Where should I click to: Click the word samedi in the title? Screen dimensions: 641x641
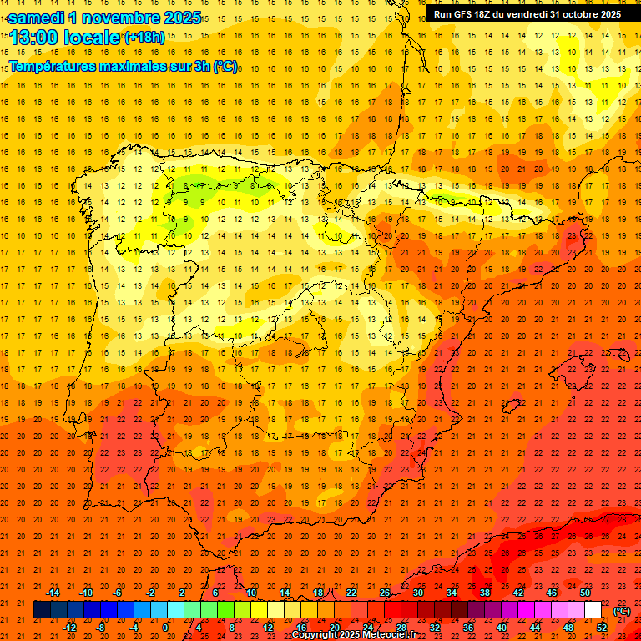click(x=38, y=18)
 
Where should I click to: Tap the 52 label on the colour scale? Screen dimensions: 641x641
click(x=602, y=628)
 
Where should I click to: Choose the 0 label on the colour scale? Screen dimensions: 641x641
click(x=165, y=628)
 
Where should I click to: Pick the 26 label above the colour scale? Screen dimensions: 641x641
click(x=385, y=593)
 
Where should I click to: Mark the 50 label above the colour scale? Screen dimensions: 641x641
click(x=585, y=593)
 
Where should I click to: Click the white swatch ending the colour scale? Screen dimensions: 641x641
click(x=593, y=610)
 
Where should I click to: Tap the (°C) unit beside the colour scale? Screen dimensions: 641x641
click(x=622, y=611)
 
